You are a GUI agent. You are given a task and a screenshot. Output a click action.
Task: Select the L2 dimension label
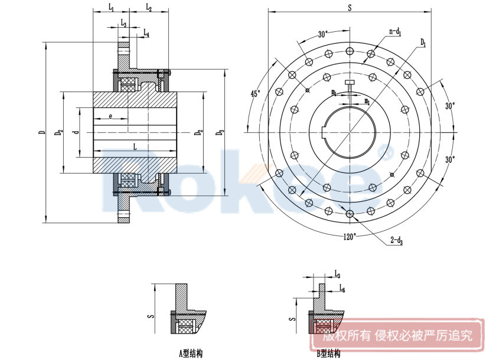(148, 8)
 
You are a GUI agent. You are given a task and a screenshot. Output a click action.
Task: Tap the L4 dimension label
(146, 34)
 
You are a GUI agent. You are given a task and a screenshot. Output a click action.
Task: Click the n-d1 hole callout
(394, 32)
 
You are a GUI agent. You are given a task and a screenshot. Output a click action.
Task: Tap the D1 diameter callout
(423, 42)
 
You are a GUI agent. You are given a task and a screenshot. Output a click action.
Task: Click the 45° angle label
(255, 93)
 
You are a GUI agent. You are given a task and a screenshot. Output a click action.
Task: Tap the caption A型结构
(191, 354)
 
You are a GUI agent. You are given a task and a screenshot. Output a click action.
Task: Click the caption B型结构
(328, 354)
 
